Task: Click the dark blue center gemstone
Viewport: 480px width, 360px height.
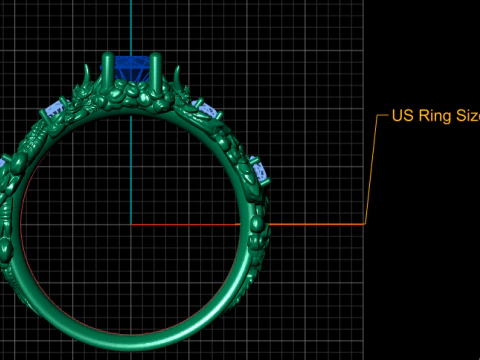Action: [131, 69]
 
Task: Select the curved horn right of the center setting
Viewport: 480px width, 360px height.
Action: [178, 77]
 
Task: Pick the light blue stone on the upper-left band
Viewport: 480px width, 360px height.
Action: [54, 107]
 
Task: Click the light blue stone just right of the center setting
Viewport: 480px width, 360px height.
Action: [209, 108]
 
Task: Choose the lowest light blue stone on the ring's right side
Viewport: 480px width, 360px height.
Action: [261, 171]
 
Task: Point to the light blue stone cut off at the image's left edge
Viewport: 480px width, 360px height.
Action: [3, 163]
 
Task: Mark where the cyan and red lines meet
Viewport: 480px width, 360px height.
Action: [131, 224]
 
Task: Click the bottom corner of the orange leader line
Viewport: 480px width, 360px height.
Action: [365, 224]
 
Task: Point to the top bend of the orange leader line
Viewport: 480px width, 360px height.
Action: [378, 116]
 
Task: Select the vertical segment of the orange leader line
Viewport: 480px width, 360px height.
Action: [371, 170]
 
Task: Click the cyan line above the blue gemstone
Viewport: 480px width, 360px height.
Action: [131, 25]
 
